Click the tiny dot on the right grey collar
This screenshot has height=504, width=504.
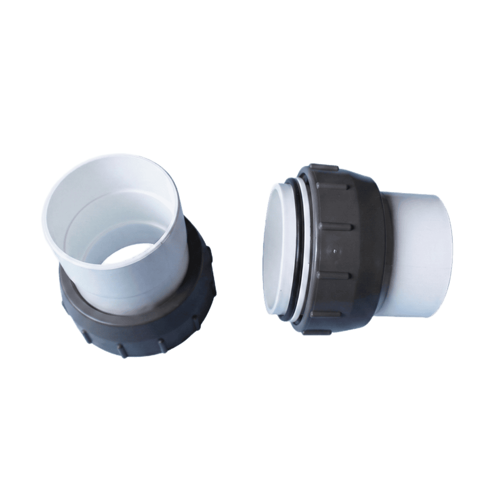(335, 251)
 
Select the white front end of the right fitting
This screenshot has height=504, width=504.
(276, 251)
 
